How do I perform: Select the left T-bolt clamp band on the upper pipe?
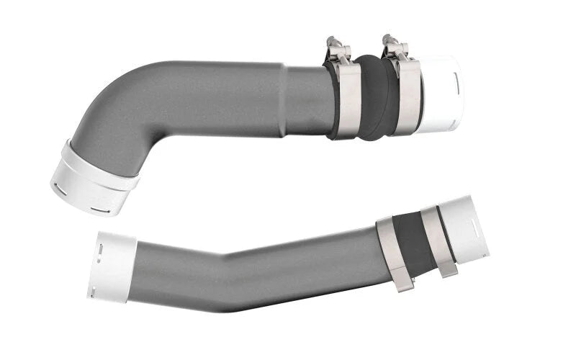coord(347,101)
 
